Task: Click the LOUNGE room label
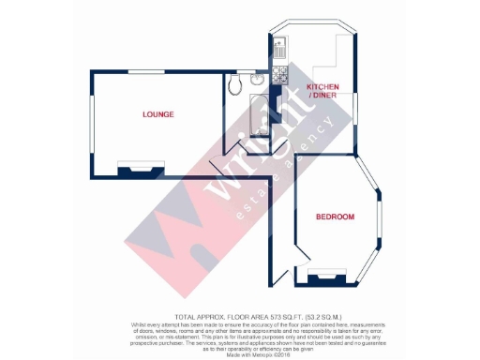pyautogui.click(x=158, y=114)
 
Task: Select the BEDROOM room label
pyautogui.click(x=334, y=217)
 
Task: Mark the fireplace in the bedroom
pyautogui.click(x=327, y=276)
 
